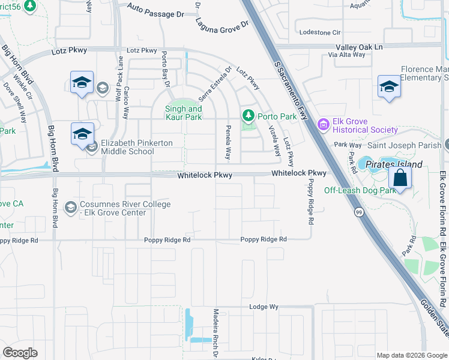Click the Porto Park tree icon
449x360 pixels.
pos(247,115)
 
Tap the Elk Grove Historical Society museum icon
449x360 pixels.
pos(323,125)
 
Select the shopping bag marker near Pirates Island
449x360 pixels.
pos(399,178)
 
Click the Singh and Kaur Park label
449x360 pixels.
pos(184,113)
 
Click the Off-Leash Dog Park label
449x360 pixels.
pos(360,191)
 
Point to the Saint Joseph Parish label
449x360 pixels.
pos(405,145)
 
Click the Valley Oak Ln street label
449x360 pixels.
pos(359,47)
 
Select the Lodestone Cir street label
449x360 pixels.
pos(320,32)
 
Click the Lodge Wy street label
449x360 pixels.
pos(264,307)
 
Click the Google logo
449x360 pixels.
pos(20,352)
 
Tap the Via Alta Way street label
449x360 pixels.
pos(347,55)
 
